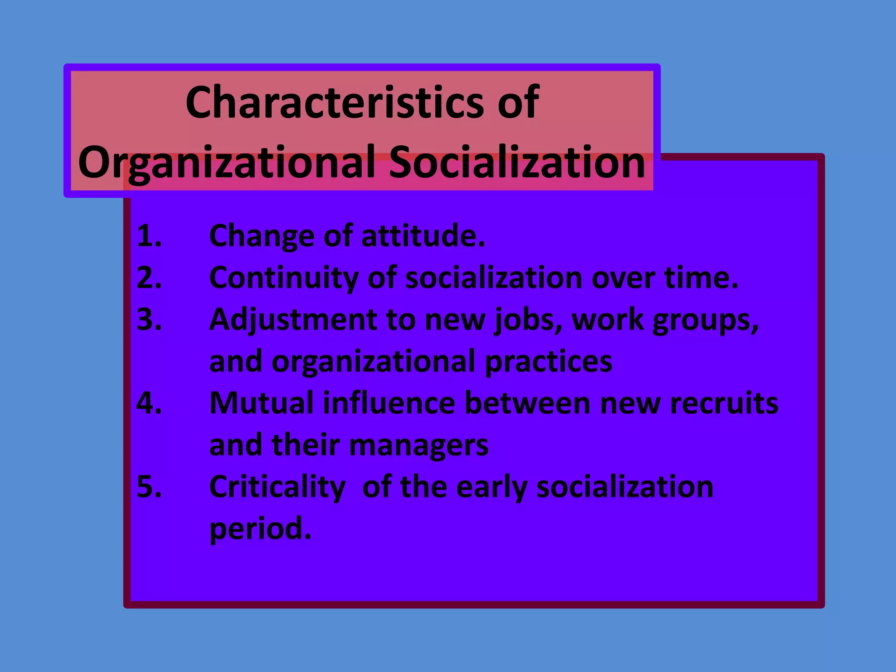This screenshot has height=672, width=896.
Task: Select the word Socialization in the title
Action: coord(517,162)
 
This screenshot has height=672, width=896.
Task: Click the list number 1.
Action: coord(149,236)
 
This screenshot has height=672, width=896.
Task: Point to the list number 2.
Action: coord(149,278)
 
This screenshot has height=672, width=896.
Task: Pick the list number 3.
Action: coord(149,319)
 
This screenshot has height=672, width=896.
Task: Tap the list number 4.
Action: coord(149,403)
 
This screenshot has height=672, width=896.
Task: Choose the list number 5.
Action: coord(149,486)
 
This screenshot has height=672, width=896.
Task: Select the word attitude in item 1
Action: coord(423,236)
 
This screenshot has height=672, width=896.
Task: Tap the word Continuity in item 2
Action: coord(283,279)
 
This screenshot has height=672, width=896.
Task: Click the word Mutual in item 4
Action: coord(261,403)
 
